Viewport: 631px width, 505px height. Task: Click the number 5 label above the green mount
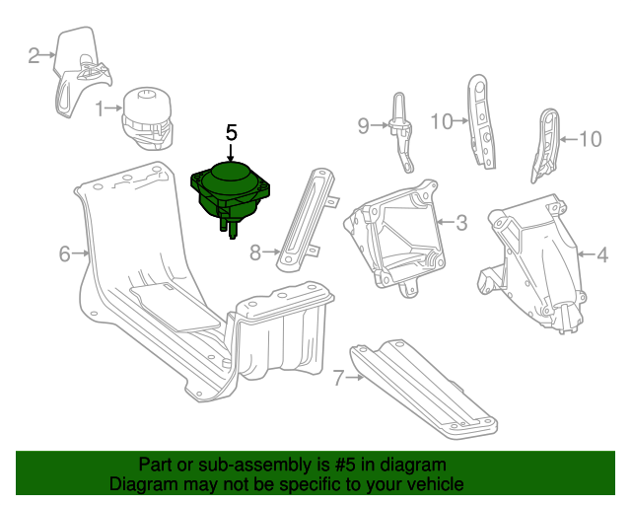[232, 131]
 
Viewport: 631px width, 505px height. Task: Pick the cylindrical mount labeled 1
[148, 116]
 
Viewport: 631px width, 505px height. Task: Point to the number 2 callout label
[34, 55]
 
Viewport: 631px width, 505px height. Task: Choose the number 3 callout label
[461, 222]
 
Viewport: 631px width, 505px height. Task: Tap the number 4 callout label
[602, 255]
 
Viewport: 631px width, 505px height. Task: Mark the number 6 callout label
[65, 254]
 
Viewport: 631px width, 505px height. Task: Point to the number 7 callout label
[337, 377]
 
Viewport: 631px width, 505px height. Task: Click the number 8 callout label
[256, 252]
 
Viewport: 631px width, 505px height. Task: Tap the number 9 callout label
[363, 125]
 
